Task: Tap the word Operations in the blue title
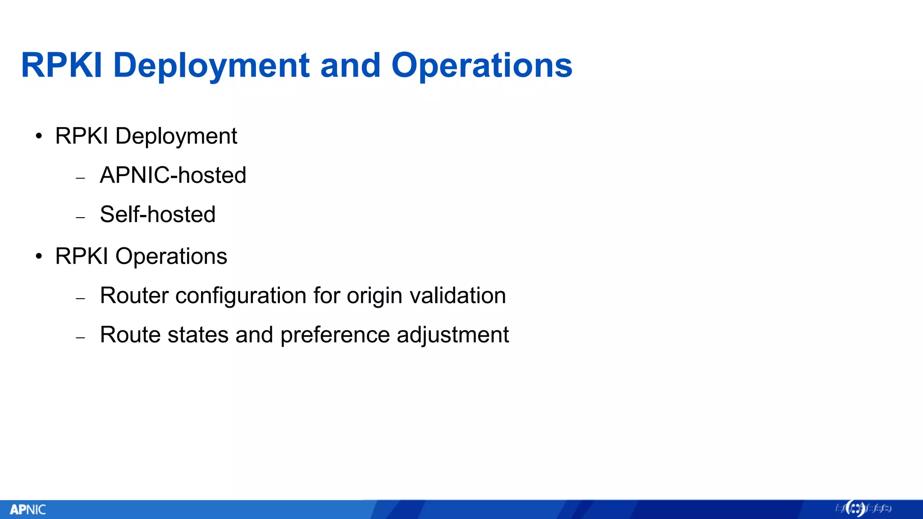[x=481, y=66]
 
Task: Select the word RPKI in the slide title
[x=62, y=66]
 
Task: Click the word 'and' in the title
[x=350, y=66]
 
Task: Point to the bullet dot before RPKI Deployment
[x=39, y=136]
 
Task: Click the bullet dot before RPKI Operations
[x=39, y=256]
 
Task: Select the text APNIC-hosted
[x=173, y=175]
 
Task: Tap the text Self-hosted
[x=157, y=214]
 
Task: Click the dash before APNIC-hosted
[x=81, y=178]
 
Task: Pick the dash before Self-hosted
[x=81, y=218]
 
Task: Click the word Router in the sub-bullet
[x=134, y=296]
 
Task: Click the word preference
[x=335, y=335]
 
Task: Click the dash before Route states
[x=81, y=337]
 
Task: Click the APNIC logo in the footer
[x=28, y=510]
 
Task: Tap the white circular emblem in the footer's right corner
[x=855, y=509]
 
